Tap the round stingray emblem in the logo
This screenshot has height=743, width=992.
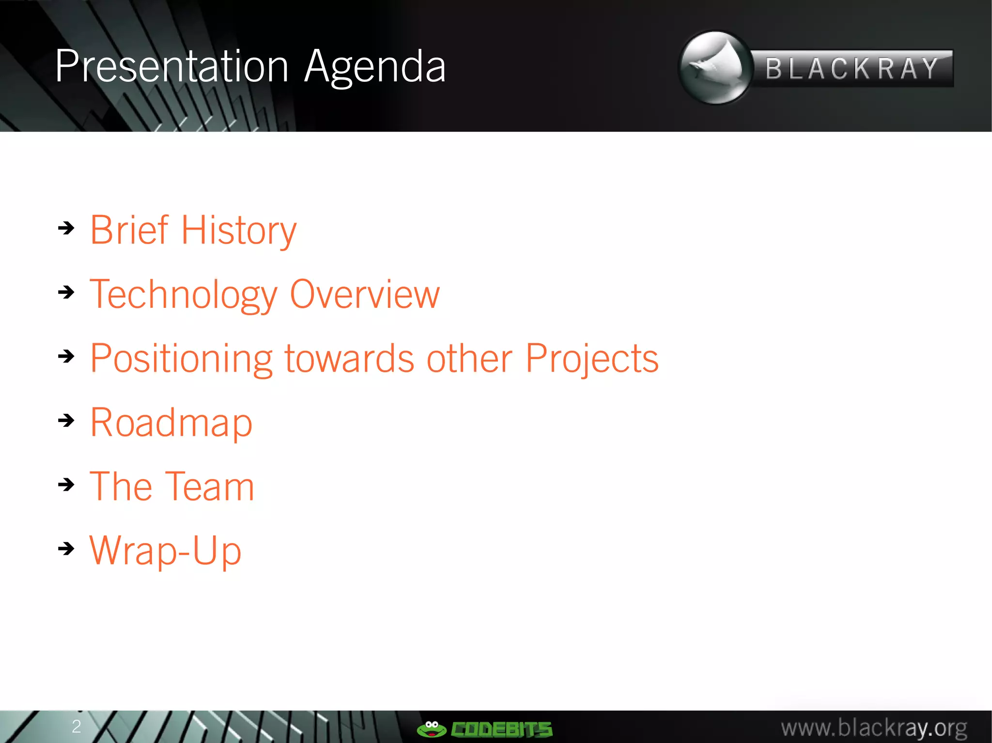(x=715, y=68)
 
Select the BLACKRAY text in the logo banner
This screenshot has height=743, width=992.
(x=852, y=69)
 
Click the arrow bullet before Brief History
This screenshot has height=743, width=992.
(x=66, y=227)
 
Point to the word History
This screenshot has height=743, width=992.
(x=239, y=231)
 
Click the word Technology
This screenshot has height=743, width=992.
(x=184, y=295)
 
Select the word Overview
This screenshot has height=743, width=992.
(x=365, y=294)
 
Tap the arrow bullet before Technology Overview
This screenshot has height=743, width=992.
(x=66, y=292)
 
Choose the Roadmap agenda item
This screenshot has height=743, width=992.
(x=171, y=423)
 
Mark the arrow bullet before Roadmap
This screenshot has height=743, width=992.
(x=66, y=420)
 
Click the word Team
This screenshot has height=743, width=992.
(x=210, y=487)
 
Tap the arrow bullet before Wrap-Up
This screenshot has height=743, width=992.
(x=66, y=548)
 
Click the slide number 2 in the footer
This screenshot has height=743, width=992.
(x=76, y=726)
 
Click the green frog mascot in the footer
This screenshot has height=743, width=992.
(x=431, y=728)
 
